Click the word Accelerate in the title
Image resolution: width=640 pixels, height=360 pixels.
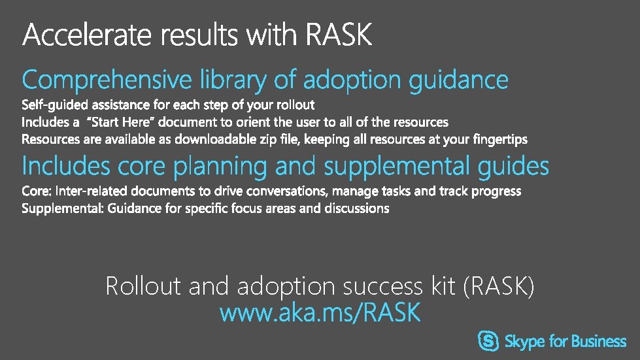[x=85, y=35]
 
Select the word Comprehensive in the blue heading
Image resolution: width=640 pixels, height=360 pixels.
[x=107, y=81]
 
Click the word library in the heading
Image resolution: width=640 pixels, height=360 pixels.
[x=233, y=80]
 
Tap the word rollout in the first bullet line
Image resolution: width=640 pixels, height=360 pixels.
[x=294, y=105]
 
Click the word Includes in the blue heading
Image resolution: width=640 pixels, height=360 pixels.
[x=66, y=167]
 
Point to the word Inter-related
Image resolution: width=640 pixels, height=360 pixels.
[x=92, y=191]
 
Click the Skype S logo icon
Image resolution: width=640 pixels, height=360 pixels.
[x=489, y=341]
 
